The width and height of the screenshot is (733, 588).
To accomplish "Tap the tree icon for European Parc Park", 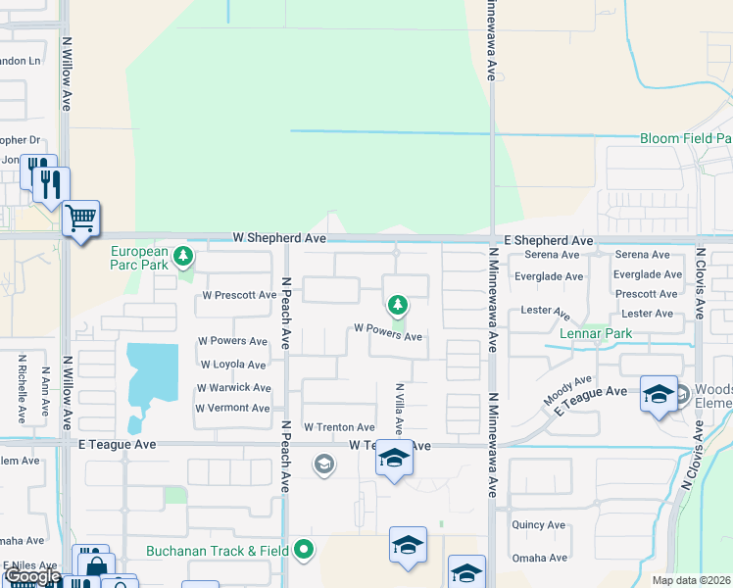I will pos(182,258).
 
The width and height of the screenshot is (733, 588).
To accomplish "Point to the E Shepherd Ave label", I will pos(549,240).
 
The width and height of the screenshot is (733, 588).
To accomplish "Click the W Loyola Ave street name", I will pos(234,364).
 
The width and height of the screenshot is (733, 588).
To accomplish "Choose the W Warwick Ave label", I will pos(234,388).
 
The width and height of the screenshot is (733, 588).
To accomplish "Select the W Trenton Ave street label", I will pos(339,427).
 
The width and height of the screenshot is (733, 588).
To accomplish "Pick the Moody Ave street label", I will pos(569,391).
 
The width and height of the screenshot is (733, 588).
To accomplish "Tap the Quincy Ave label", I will pos(538,524).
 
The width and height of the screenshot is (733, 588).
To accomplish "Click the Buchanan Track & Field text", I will pos(218,551).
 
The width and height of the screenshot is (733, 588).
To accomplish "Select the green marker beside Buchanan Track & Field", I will pos(304,551).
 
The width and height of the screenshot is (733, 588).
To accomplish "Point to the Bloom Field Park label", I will pos(685,139).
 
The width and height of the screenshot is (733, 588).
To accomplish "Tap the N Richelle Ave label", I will pos(22,389).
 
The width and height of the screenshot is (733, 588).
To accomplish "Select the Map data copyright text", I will pos(691,580).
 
